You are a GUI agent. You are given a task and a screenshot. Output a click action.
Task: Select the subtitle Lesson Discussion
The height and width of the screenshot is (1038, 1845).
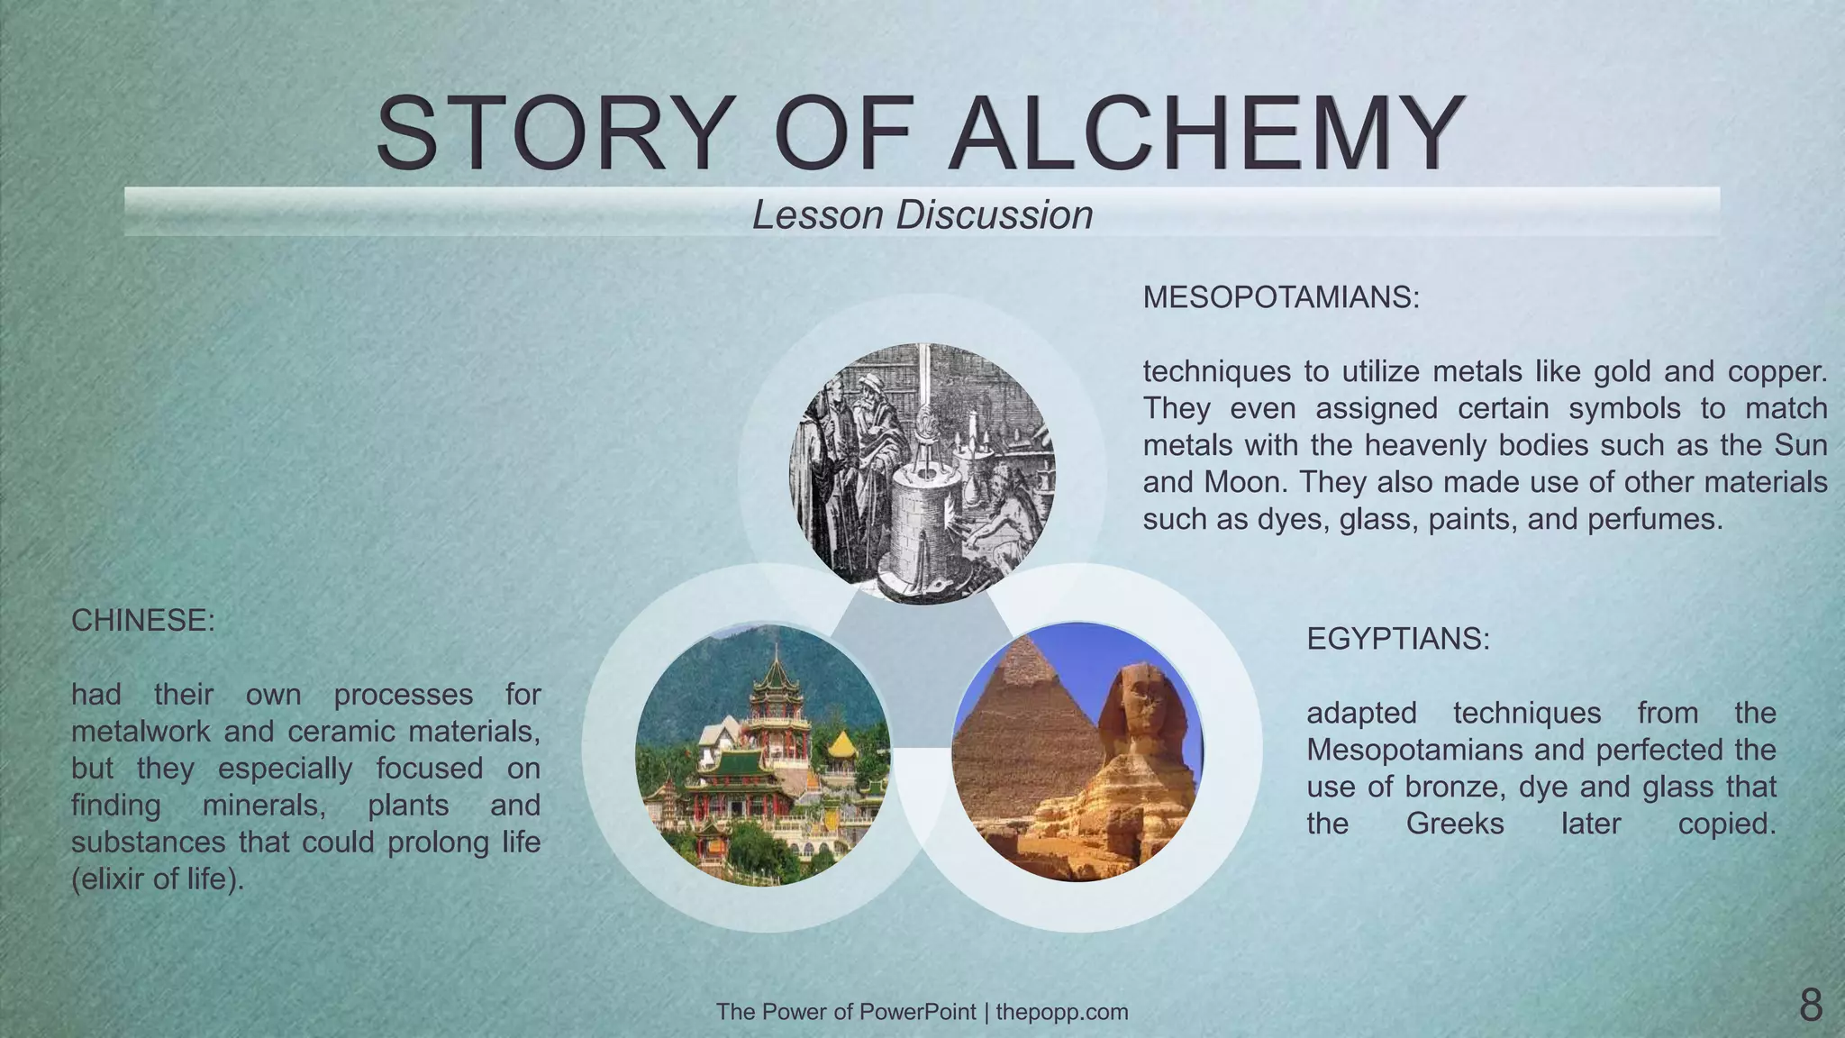922,215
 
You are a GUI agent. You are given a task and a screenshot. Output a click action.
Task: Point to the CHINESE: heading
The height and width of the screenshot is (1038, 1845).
143,621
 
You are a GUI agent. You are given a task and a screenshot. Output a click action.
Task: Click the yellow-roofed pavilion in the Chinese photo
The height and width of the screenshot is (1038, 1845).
841,746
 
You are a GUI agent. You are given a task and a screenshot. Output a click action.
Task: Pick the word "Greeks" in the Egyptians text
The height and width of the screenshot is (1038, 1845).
1455,824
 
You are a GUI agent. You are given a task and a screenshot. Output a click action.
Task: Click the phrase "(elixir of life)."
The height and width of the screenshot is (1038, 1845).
158,879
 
